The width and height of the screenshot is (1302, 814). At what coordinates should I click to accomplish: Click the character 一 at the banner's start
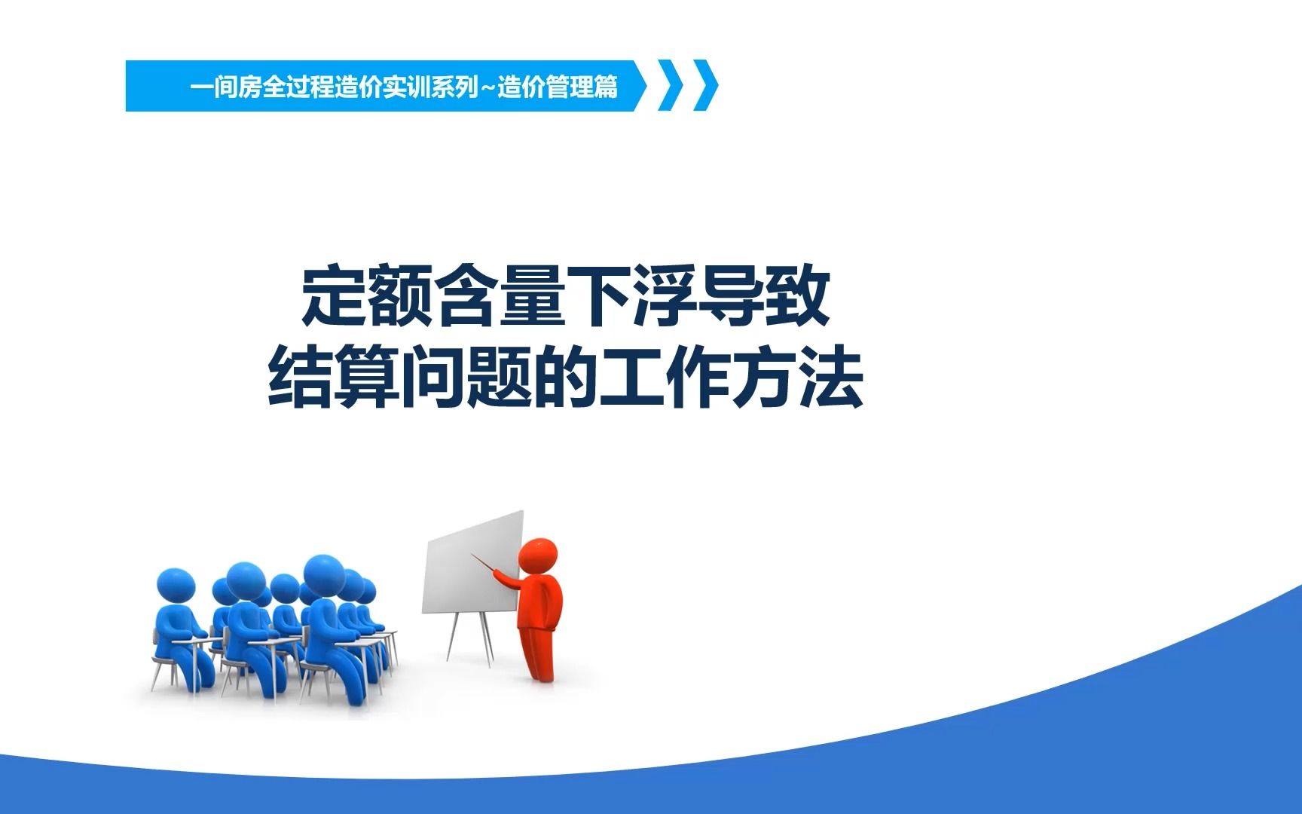(x=201, y=88)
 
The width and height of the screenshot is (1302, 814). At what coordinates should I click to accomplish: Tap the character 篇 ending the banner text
(x=605, y=88)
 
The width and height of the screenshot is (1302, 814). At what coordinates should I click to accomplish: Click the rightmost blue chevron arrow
(x=705, y=85)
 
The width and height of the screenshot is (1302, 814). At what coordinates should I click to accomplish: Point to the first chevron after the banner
(x=671, y=85)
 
